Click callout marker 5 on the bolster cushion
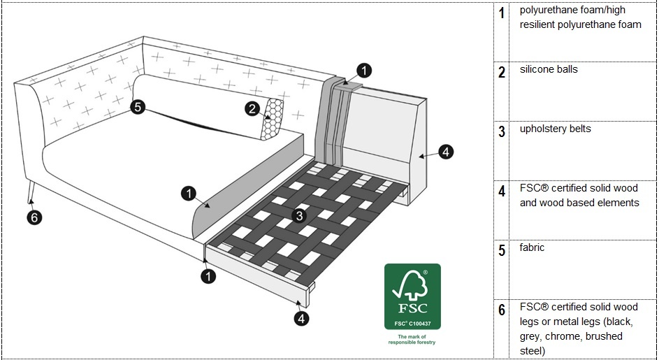tap(138, 107)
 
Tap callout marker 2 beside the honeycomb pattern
tap(252, 108)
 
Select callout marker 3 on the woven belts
tap(300, 216)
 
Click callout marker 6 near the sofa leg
tap(35, 217)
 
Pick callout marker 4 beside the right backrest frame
tap(446, 151)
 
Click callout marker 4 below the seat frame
tap(300, 319)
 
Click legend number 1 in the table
tap(502, 13)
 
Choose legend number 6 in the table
tap(502, 310)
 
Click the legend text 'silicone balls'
tap(549, 70)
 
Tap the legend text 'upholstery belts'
tap(555, 129)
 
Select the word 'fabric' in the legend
tap(532, 247)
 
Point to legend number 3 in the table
tap(502, 131)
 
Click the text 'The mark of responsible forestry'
tap(412, 339)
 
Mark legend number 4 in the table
tap(502, 191)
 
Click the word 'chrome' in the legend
tap(558, 336)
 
